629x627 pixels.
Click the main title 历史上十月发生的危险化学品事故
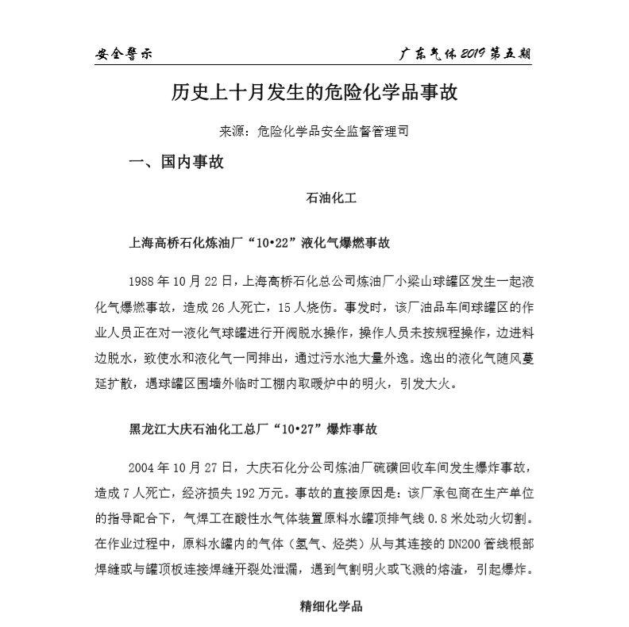tap(314, 93)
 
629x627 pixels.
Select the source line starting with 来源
tap(314, 132)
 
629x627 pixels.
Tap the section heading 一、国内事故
tap(176, 163)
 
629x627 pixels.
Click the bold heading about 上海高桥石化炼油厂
tap(260, 242)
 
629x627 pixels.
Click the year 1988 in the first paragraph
tap(144, 281)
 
